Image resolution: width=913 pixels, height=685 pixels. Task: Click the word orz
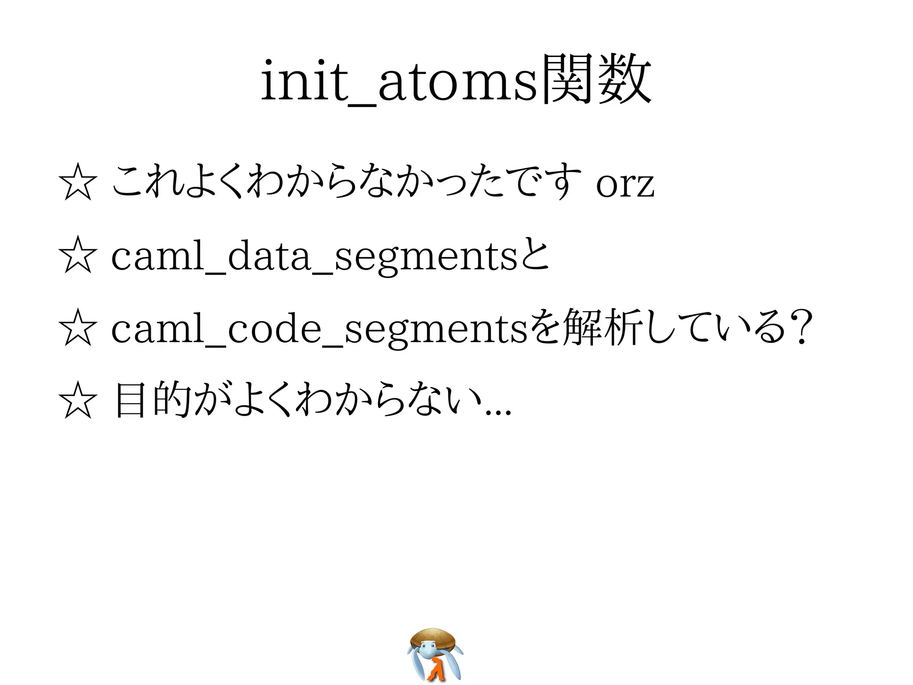[x=625, y=184]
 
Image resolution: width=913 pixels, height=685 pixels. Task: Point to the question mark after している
[x=798, y=328]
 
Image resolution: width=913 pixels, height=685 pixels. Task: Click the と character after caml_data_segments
[x=535, y=256]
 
